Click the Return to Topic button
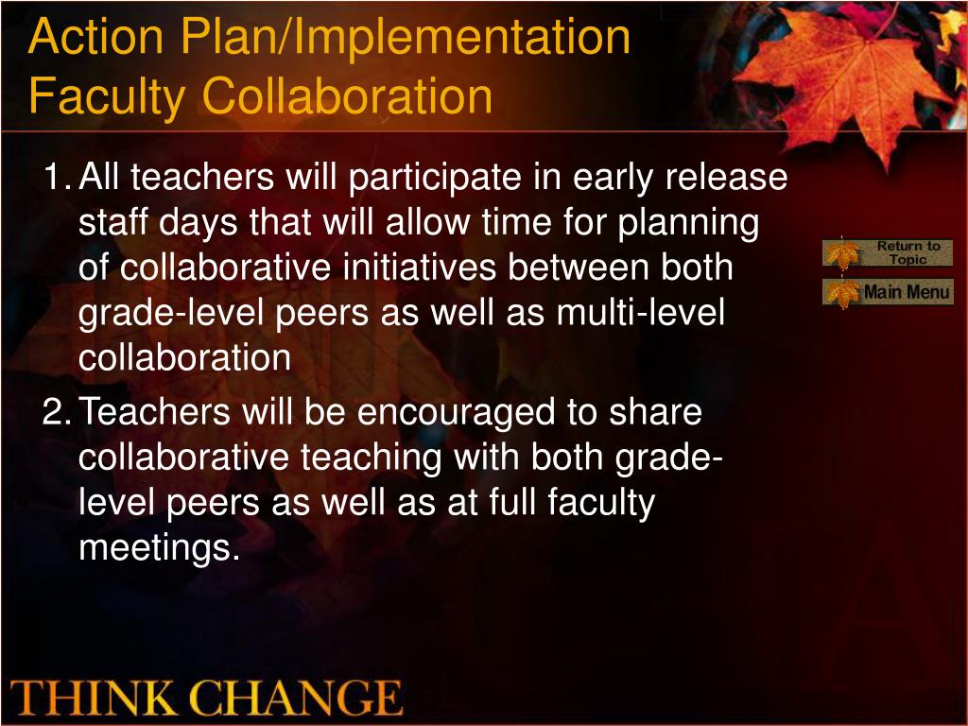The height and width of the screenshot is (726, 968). [x=888, y=252]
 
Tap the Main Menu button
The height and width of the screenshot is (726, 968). [x=889, y=292]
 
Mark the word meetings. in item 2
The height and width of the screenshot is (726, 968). [x=159, y=548]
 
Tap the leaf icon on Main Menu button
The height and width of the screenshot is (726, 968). [x=842, y=293]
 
